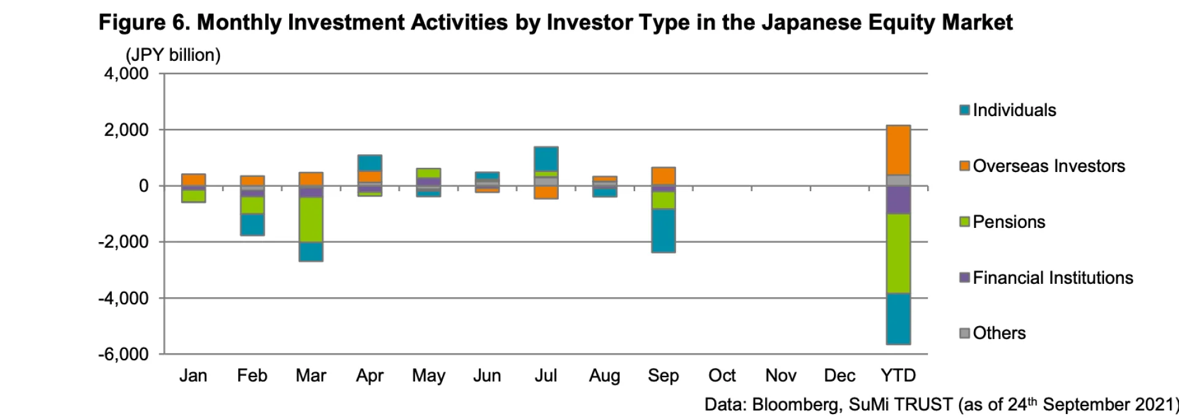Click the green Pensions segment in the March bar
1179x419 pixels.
coord(311,219)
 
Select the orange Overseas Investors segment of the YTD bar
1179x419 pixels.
coord(898,150)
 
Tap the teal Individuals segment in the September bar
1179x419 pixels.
coord(663,230)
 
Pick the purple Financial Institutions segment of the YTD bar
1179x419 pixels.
coord(898,200)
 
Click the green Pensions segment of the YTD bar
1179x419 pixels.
coord(898,253)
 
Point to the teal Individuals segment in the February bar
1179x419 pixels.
coord(252,224)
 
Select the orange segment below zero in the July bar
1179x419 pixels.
coord(546,192)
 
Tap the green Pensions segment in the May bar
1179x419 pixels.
coord(429,173)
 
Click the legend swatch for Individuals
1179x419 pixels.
coord(965,111)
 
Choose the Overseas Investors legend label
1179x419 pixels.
coord(1048,166)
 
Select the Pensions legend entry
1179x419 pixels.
coord(1008,222)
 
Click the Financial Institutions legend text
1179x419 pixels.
coord(1053,278)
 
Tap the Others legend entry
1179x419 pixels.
coord(998,333)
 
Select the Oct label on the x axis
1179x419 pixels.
coord(722,375)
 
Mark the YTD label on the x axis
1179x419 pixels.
coord(898,375)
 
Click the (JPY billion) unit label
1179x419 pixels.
coord(173,55)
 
